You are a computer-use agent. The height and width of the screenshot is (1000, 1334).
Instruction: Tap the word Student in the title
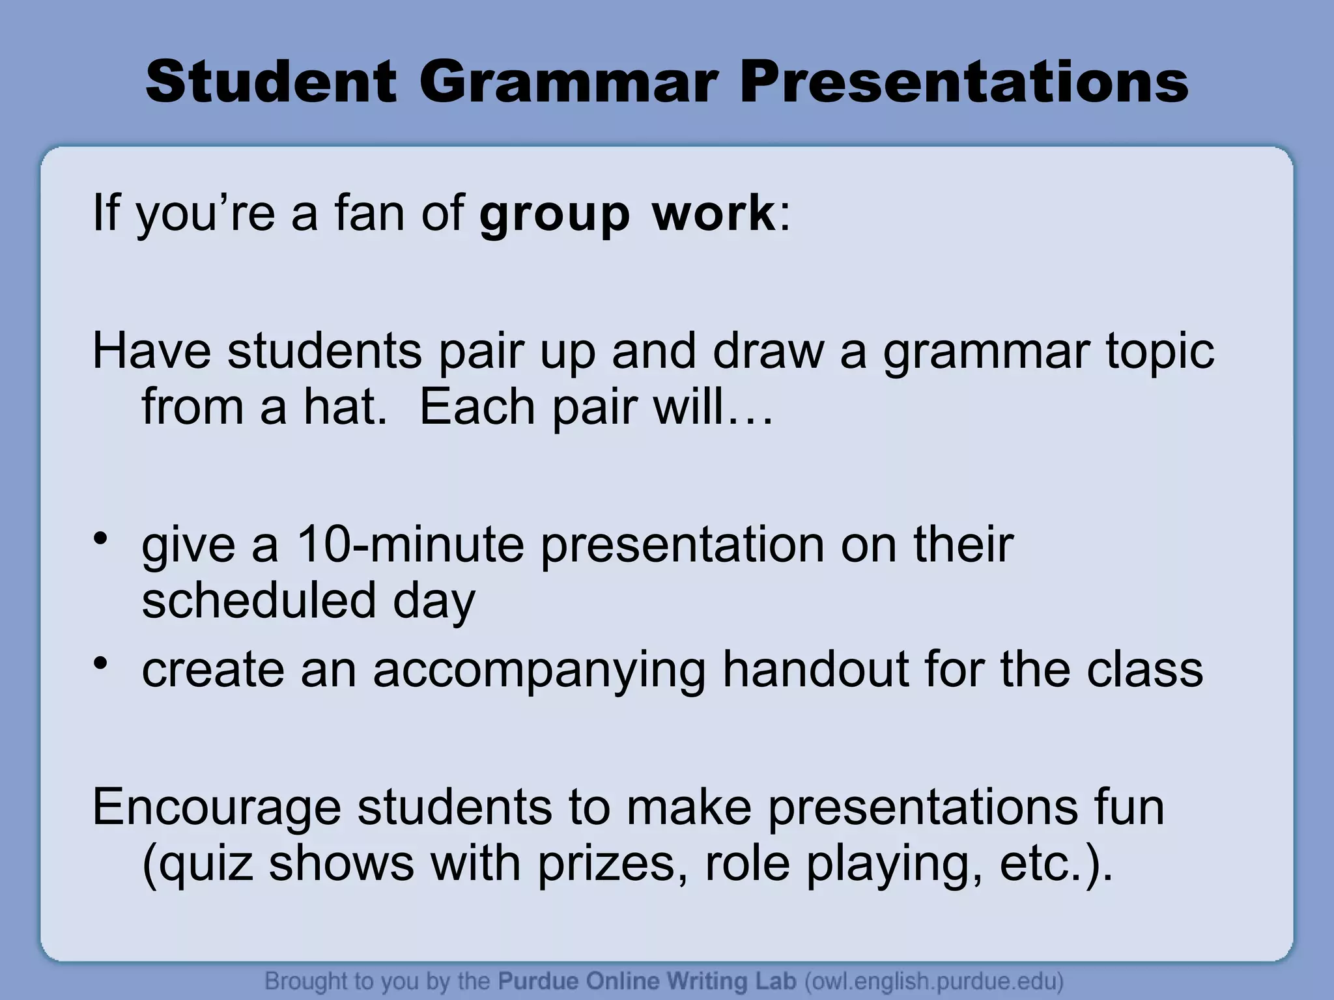click(x=270, y=83)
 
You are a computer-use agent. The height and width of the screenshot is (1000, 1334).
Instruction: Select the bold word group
click(x=554, y=214)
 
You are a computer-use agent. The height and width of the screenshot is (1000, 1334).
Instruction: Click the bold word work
click(x=714, y=213)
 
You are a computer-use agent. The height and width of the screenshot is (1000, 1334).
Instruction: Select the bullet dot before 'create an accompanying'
click(x=100, y=663)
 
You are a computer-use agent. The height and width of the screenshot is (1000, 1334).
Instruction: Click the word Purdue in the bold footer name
click(x=538, y=980)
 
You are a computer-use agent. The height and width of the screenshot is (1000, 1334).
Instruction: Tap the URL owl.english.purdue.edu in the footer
click(x=934, y=980)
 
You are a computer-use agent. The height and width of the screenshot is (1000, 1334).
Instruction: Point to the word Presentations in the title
click(x=964, y=83)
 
